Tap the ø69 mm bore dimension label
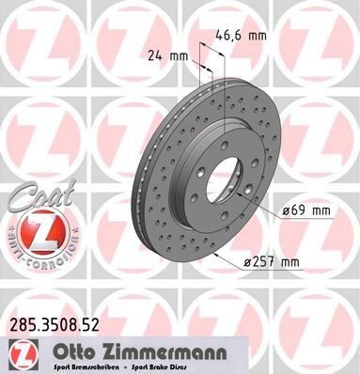304,211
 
